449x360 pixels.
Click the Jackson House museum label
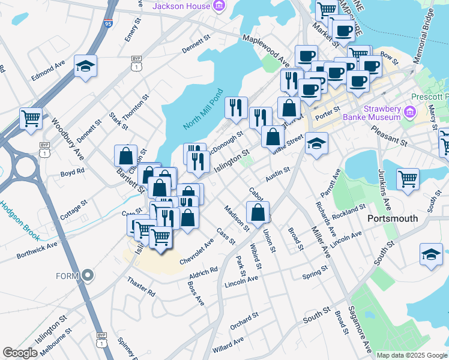pos(181,7)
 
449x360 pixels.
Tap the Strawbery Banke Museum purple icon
pos(410,110)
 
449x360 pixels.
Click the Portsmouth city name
pos(393,218)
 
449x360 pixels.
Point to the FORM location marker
pos(88,276)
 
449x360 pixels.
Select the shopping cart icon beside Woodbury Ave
pos(31,118)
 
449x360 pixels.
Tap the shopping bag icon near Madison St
pos(258,212)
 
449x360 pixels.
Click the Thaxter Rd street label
pos(142,287)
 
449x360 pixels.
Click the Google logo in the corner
pos(20,353)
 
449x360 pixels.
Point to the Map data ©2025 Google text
pos(412,355)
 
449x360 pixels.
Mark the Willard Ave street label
pos(228,346)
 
